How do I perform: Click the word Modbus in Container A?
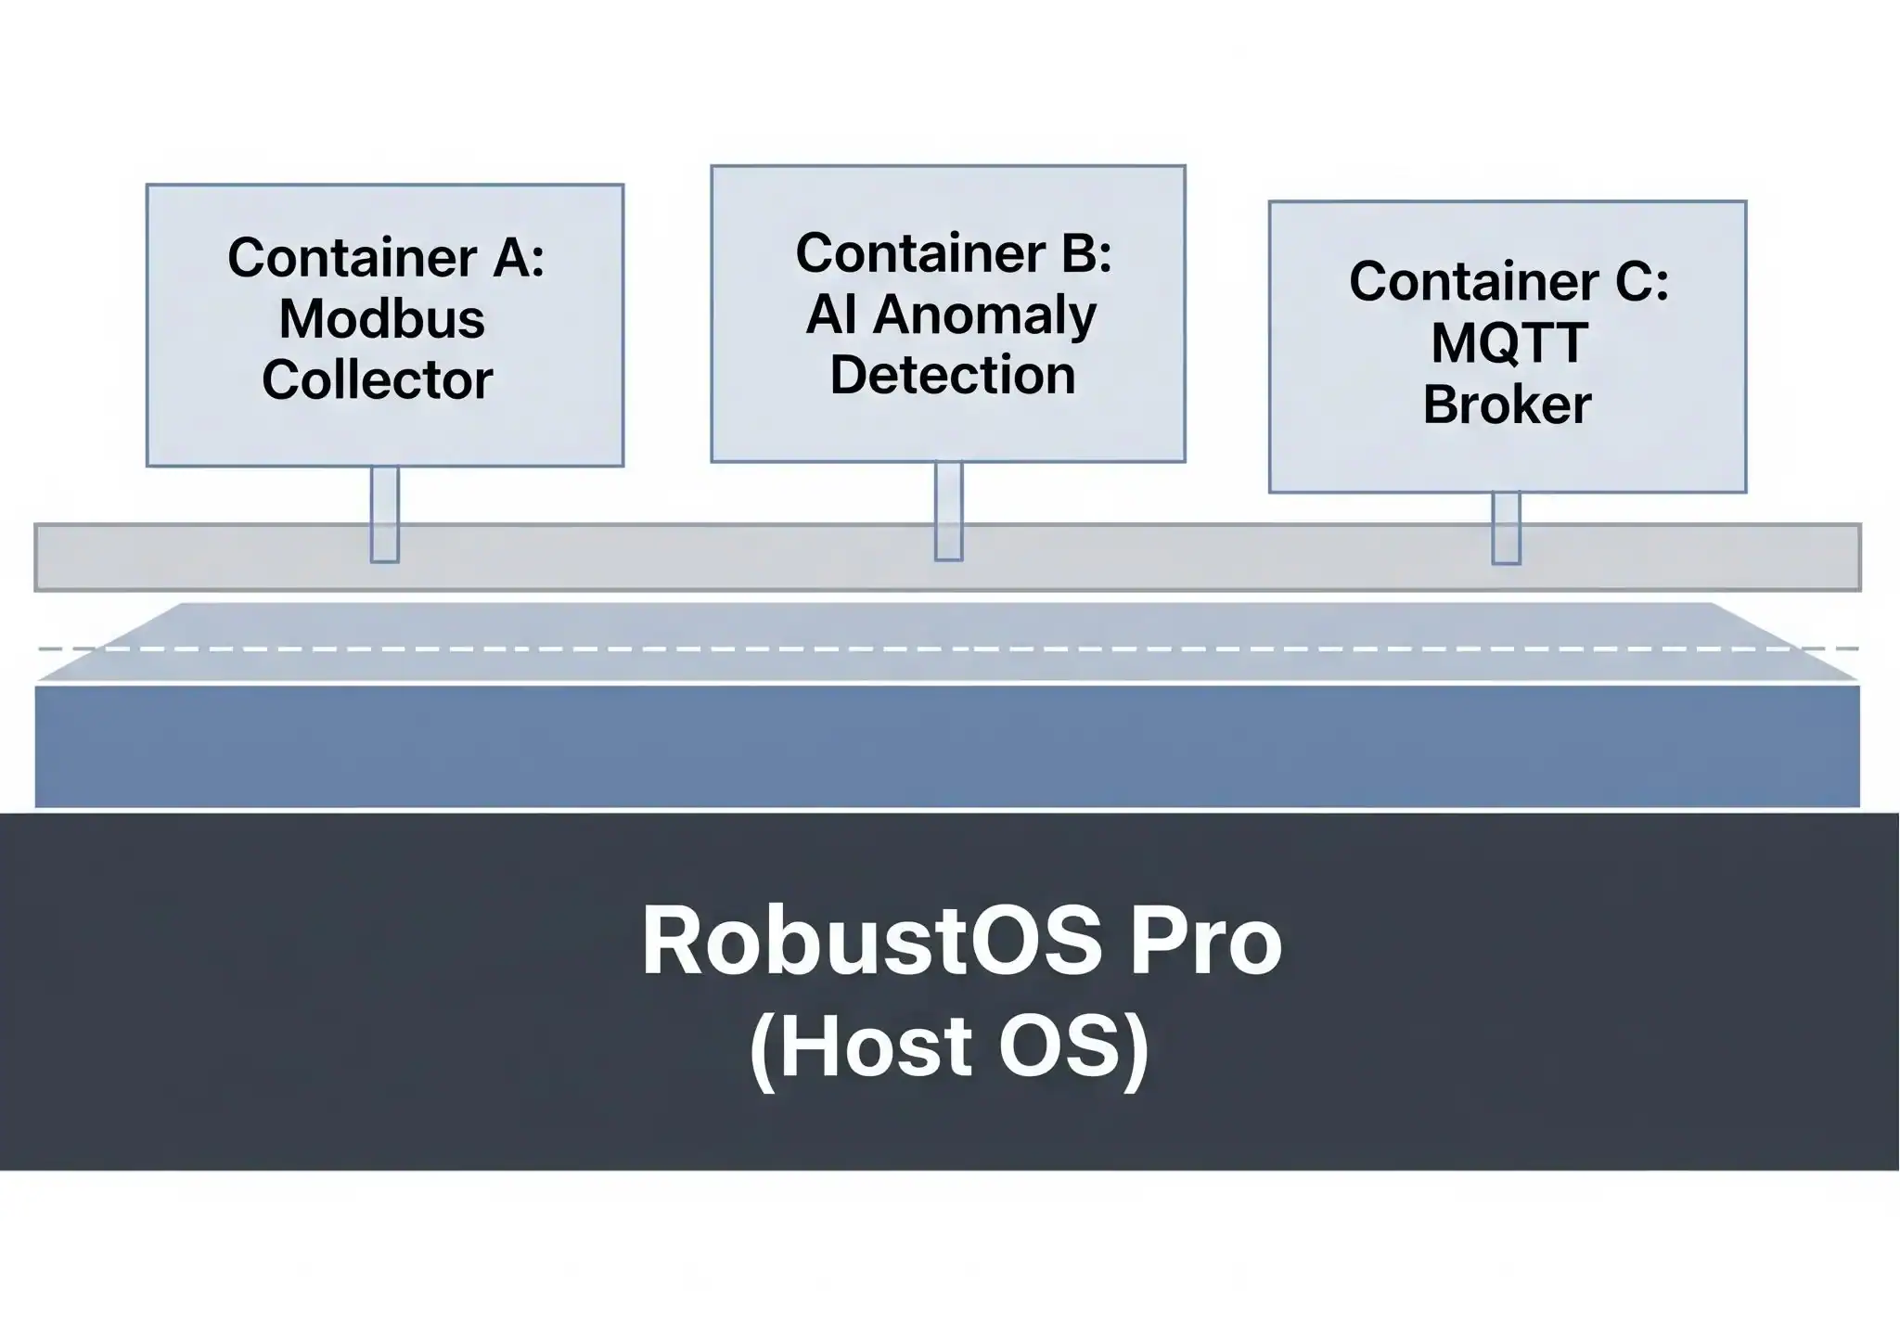[381, 319]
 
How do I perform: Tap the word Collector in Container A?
[377, 380]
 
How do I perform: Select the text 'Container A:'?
[386, 257]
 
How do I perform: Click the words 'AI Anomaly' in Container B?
[951, 314]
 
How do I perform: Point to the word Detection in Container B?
[952, 375]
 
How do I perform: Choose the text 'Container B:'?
[954, 252]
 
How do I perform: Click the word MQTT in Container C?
[1508, 343]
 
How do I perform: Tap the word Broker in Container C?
[1507, 404]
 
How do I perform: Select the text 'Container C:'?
[1508, 281]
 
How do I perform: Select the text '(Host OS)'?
[949, 1047]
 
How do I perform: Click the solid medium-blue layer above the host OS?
[946, 747]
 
